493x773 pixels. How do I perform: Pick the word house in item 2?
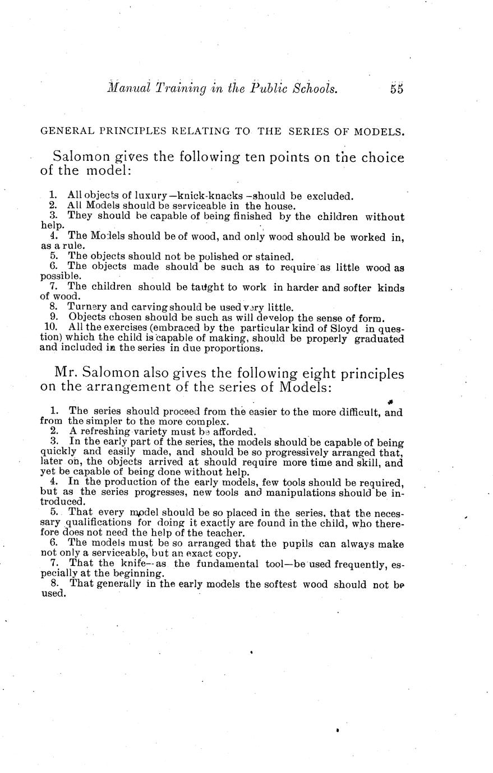coord(277,206)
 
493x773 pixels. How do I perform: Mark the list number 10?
coord(49,328)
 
